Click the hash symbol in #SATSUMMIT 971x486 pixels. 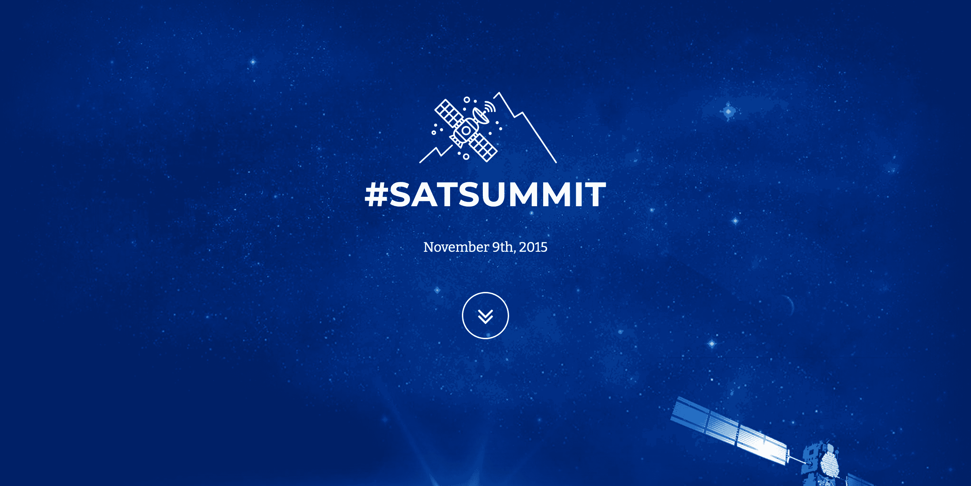tap(376, 195)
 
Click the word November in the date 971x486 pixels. tap(456, 247)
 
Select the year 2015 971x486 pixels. tap(533, 247)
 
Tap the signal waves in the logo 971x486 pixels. tap(490, 106)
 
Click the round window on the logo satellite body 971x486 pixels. tap(466, 131)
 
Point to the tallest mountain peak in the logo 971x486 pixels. tap(499, 92)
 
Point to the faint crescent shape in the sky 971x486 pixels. tap(789, 304)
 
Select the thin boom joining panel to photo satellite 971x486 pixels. tap(798, 457)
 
